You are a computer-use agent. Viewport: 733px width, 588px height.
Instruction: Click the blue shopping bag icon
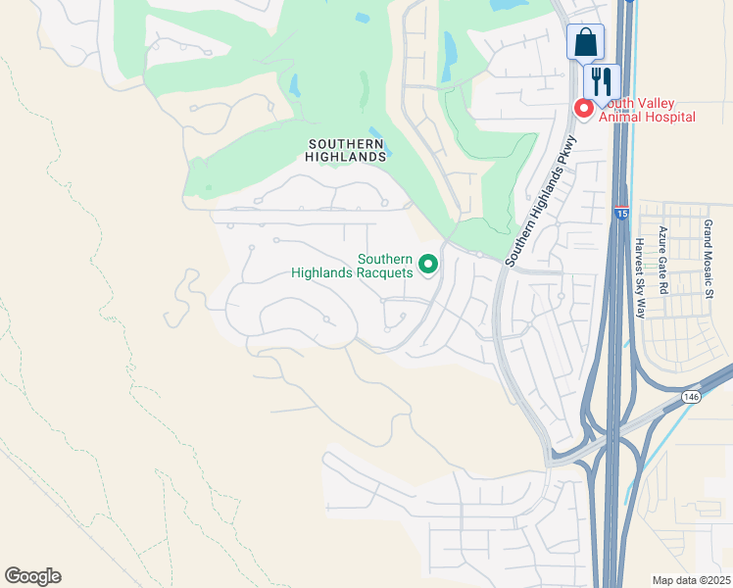click(x=585, y=43)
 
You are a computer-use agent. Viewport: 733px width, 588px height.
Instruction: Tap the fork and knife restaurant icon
click(x=602, y=80)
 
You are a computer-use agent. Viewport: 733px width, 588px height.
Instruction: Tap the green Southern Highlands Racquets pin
click(x=428, y=265)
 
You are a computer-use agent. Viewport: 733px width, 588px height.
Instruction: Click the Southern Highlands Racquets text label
click(x=352, y=266)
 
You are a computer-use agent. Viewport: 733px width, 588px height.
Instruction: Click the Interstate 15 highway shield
click(x=621, y=212)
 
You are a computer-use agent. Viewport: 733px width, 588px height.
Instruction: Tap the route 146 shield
click(x=692, y=397)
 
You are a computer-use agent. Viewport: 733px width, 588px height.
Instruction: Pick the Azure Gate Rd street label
click(x=662, y=261)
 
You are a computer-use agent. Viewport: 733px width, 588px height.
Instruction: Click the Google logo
click(x=32, y=576)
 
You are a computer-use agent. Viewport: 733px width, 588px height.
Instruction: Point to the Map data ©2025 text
click(x=691, y=580)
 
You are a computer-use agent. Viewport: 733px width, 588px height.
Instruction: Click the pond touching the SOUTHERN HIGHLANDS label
click(x=378, y=139)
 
